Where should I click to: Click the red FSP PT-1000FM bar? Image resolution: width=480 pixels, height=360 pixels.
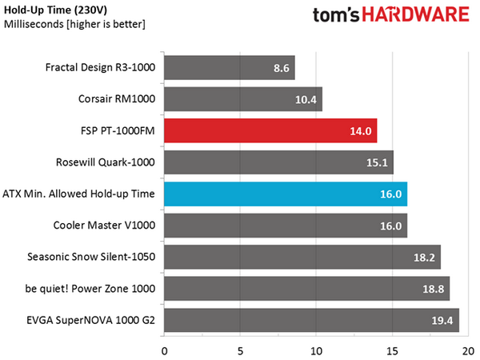click(x=270, y=130)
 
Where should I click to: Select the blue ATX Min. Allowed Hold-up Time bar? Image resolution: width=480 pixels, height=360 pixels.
click(x=286, y=194)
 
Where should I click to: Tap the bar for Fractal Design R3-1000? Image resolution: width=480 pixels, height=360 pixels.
click(x=230, y=68)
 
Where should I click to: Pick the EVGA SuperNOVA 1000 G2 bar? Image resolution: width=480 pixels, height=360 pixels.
click(x=312, y=320)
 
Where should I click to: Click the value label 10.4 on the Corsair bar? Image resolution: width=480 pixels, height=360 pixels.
click(x=306, y=99)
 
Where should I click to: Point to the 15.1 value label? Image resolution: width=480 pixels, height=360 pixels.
click(x=377, y=162)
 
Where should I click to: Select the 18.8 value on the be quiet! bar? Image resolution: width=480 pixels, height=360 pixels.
click(x=433, y=289)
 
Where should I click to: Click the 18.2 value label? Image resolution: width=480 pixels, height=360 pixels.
click(x=424, y=258)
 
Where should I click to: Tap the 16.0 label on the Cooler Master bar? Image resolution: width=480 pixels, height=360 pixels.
click(x=391, y=226)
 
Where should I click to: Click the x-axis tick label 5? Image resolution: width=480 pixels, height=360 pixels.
click(x=240, y=351)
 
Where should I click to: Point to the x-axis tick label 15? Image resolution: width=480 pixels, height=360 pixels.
click(x=393, y=351)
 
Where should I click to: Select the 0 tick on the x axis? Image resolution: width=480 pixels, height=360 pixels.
click(x=164, y=351)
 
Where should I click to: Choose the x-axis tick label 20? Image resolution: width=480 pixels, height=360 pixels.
click(x=468, y=351)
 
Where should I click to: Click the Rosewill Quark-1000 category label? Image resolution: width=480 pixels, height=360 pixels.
click(x=106, y=162)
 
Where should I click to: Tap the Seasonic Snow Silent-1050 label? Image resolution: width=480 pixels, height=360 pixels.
click(x=91, y=257)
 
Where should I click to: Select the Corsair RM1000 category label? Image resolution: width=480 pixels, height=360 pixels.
click(x=117, y=99)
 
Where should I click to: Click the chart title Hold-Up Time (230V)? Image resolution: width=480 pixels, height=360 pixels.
click(x=55, y=10)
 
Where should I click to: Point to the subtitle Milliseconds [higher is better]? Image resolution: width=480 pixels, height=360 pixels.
click(x=74, y=24)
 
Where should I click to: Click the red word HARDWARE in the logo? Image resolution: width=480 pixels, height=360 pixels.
click(x=416, y=14)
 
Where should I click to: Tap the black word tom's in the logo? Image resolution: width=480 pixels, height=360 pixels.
click(x=336, y=15)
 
